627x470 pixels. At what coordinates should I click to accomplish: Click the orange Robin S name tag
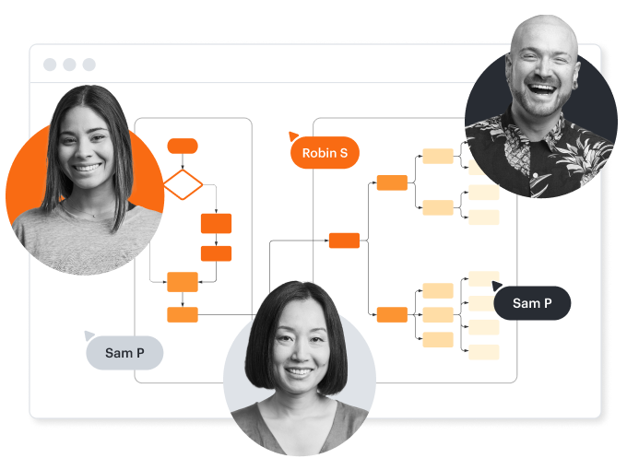click(x=325, y=153)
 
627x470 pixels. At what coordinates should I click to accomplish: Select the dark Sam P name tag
click(x=532, y=303)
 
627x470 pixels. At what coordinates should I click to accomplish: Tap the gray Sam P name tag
click(x=124, y=352)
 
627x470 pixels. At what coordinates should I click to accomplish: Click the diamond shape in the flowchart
click(x=183, y=183)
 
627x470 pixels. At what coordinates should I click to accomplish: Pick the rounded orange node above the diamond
click(x=183, y=146)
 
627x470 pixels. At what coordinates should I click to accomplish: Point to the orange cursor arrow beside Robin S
click(x=293, y=136)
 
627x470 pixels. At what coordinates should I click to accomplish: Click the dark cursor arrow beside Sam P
click(x=498, y=286)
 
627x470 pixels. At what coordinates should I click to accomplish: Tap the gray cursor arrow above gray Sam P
click(x=89, y=335)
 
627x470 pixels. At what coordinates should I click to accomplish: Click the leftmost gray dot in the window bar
click(x=49, y=65)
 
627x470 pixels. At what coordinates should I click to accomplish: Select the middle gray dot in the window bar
click(x=69, y=65)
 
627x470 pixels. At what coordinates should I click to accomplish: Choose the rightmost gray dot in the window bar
click(x=89, y=65)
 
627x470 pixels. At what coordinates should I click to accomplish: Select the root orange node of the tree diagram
click(x=344, y=241)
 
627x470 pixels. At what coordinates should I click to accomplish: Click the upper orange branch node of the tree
click(x=392, y=182)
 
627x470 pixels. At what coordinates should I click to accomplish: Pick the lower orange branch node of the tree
click(x=392, y=315)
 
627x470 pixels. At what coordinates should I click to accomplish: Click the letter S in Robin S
click(x=343, y=153)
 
